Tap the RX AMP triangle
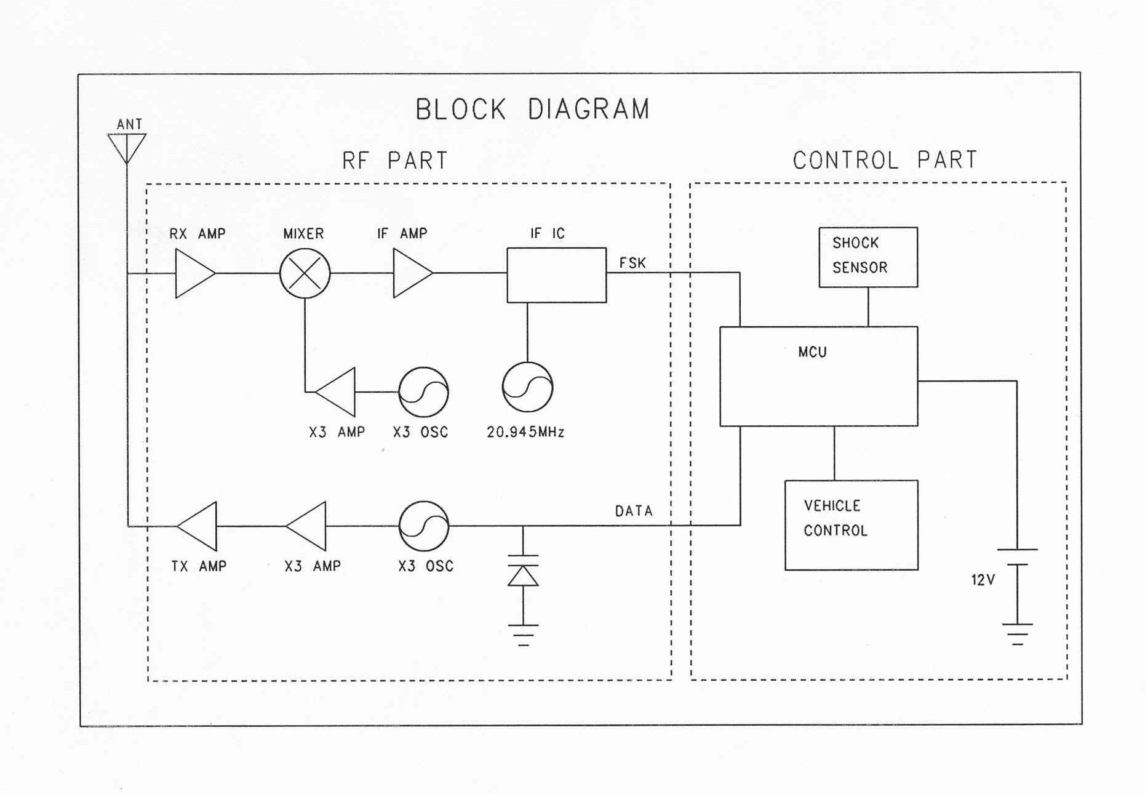(x=193, y=273)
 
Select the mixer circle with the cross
(x=305, y=273)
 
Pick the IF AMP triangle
(x=410, y=273)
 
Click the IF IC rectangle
(x=556, y=275)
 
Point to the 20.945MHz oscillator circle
(x=527, y=387)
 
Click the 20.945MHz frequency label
(x=525, y=432)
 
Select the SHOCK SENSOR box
(x=868, y=257)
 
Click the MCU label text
(x=812, y=352)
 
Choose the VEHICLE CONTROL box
(x=851, y=525)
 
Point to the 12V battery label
(x=983, y=580)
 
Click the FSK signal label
(x=632, y=263)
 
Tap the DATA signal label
(x=634, y=511)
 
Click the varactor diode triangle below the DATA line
(x=523, y=576)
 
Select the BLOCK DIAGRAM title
(x=532, y=110)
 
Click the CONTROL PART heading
(x=884, y=160)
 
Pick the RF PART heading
(x=395, y=161)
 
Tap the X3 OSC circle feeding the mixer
(x=423, y=392)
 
